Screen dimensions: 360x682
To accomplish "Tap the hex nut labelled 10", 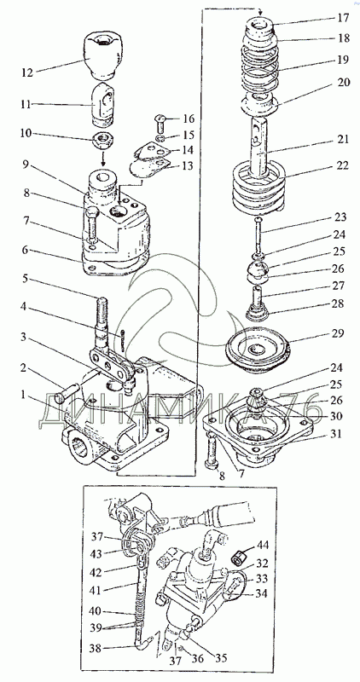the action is (103, 140).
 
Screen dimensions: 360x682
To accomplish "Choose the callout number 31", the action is (342, 434).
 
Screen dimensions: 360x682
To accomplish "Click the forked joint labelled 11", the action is (103, 102).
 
